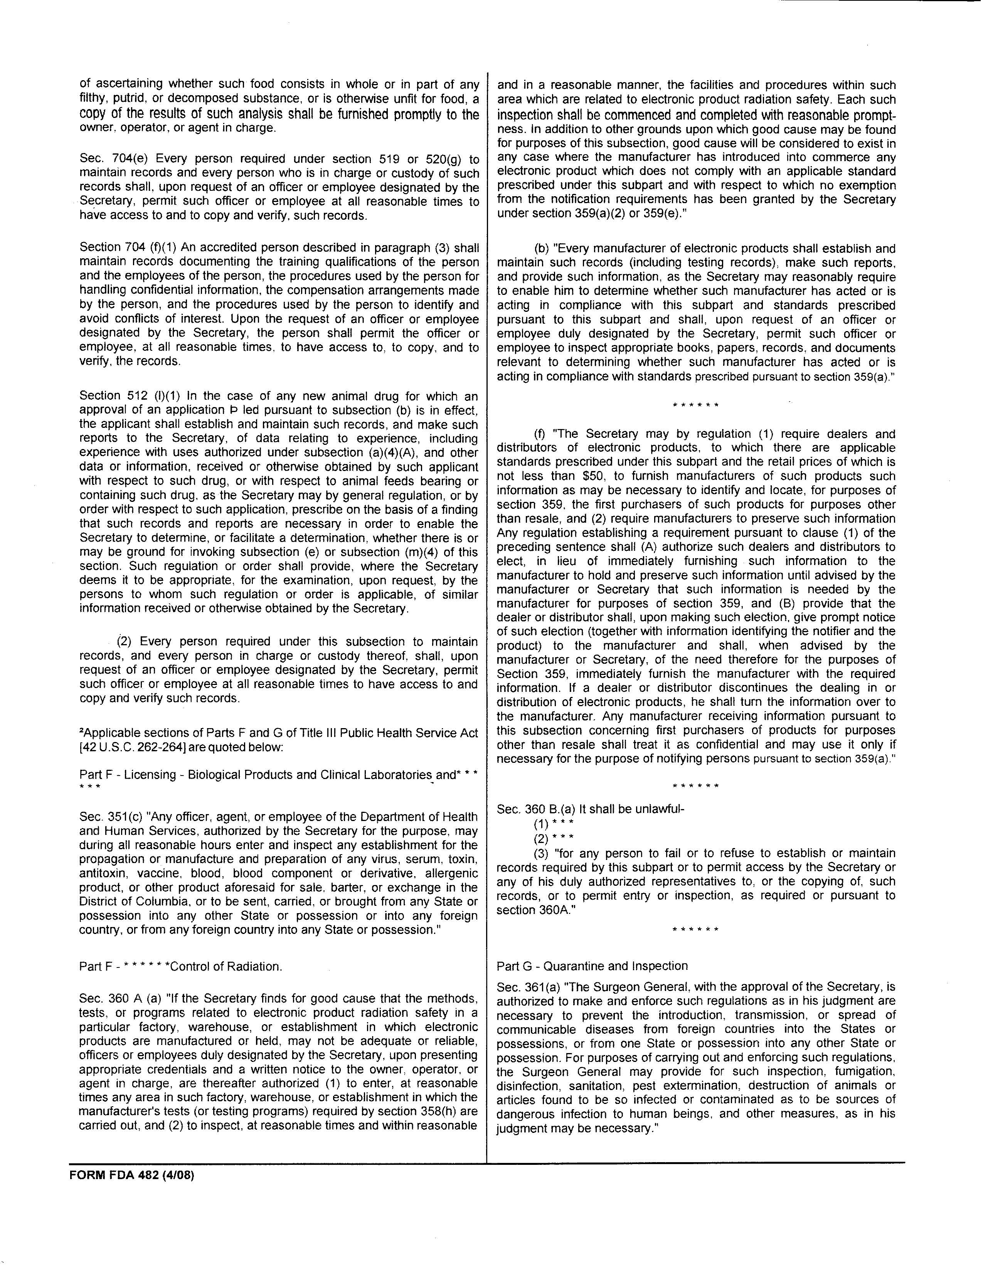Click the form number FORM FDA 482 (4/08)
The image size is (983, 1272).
[x=131, y=1175]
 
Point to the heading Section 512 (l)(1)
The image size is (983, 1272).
[x=127, y=396]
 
